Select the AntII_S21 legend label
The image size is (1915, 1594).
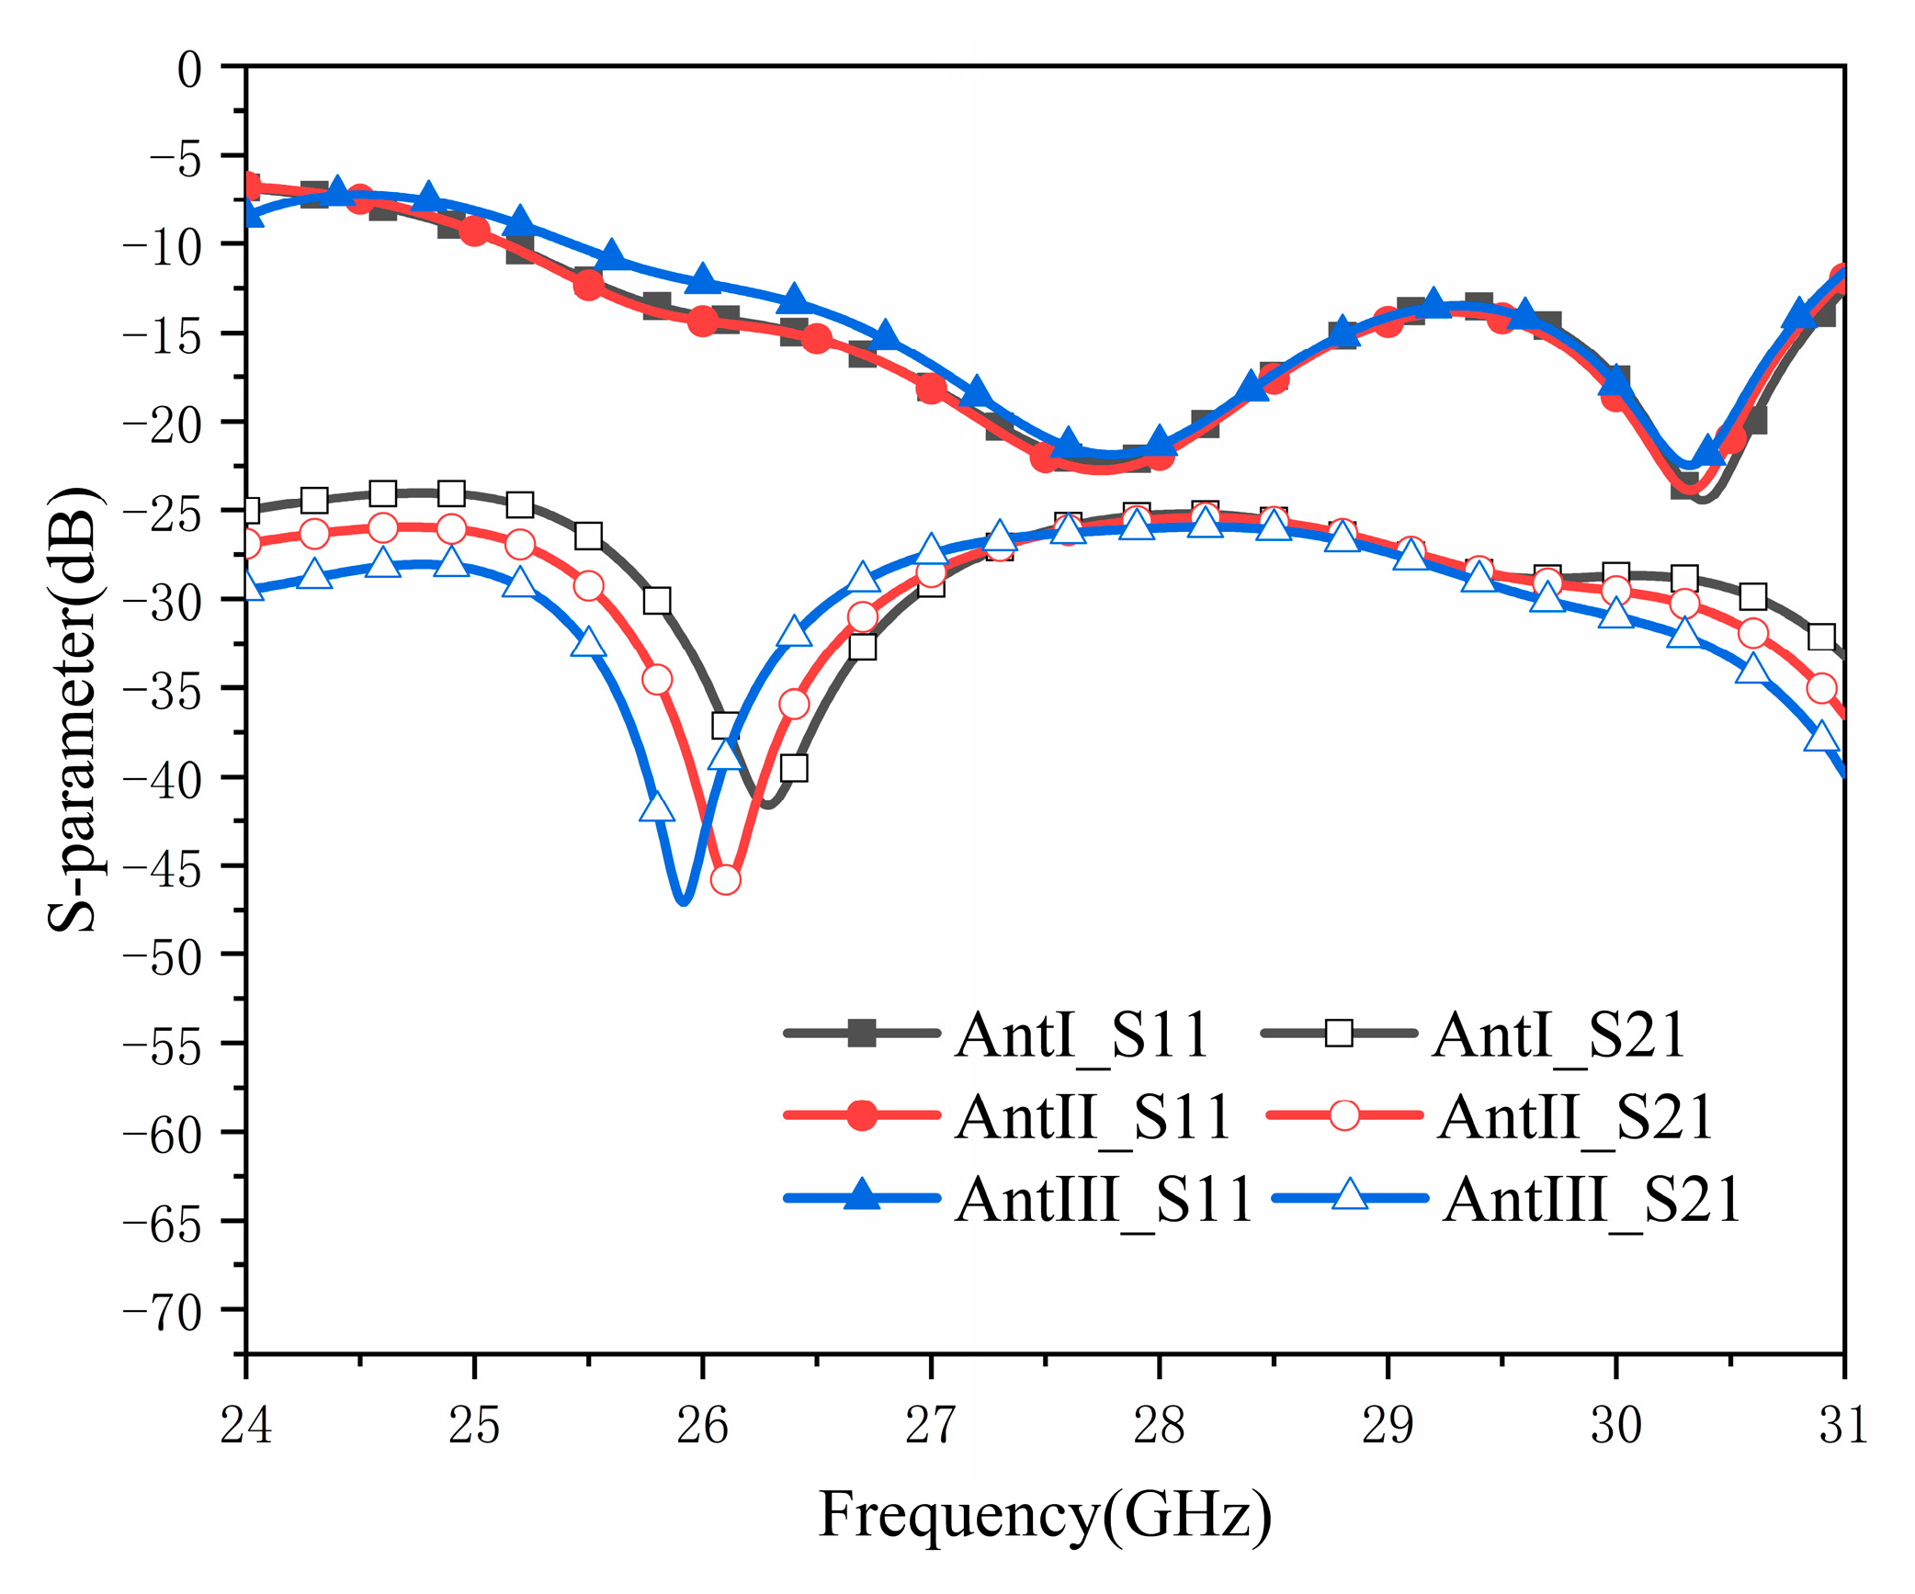pos(1575,1117)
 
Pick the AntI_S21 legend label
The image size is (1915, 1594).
pos(1558,1035)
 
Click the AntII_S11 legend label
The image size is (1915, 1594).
pos(1093,1117)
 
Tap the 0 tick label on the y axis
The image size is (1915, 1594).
pos(189,70)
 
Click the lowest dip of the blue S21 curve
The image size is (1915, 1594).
pos(683,901)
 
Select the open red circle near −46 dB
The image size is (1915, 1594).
pos(725,879)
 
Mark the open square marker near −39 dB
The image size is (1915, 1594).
pos(794,768)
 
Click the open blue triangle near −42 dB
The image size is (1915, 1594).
pos(657,808)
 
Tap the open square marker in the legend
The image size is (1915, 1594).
pos(1339,1034)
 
